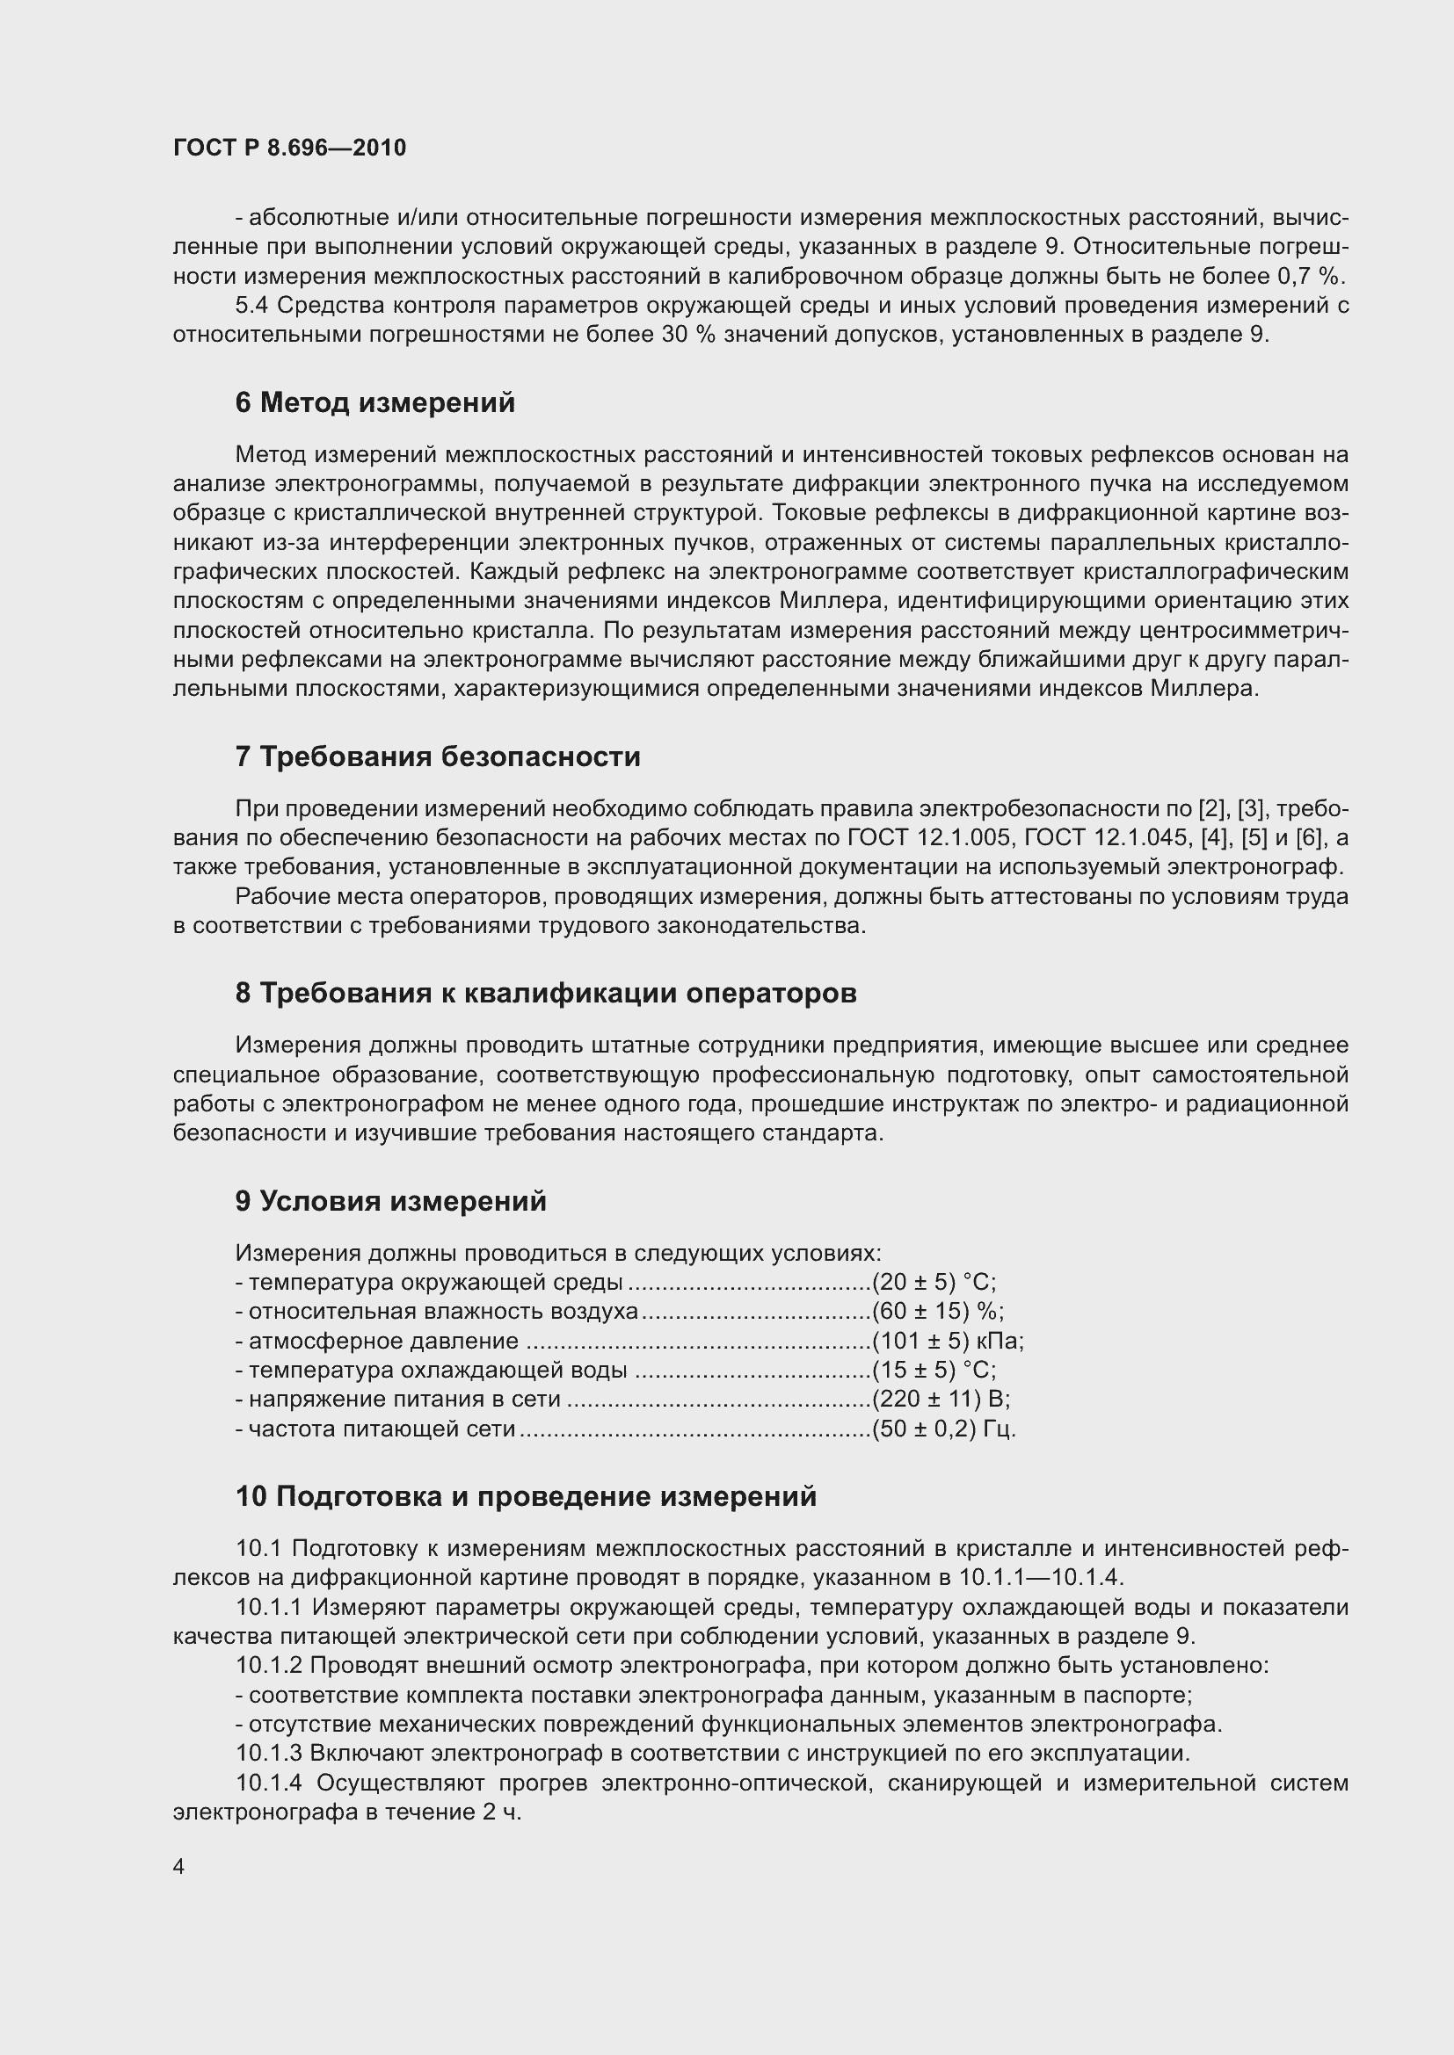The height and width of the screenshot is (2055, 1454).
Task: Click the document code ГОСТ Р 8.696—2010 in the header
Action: [x=289, y=148]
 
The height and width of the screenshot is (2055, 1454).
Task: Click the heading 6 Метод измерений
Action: [x=375, y=402]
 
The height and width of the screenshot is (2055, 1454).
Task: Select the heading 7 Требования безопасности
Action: [x=438, y=756]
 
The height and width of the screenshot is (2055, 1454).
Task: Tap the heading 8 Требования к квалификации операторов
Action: [x=545, y=993]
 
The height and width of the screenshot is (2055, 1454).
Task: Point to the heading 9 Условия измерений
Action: [x=390, y=1201]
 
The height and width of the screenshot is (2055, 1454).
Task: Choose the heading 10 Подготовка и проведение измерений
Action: [x=526, y=1496]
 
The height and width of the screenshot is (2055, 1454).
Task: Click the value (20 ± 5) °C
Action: [x=933, y=1283]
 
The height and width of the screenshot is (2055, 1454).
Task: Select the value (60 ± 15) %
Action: [x=937, y=1311]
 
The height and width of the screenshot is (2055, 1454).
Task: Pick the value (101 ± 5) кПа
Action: [x=948, y=1341]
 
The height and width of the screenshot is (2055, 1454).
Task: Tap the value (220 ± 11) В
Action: [x=940, y=1399]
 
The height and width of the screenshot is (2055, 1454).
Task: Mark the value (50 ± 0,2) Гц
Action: [x=943, y=1429]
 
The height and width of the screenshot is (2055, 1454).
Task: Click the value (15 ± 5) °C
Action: [x=933, y=1371]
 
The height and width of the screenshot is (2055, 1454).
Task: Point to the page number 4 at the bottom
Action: [x=179, y=1867]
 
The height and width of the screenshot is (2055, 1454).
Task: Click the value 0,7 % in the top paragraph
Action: [x=1314, y=277]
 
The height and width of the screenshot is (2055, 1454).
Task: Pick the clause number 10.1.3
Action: [x=270, y=1753]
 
